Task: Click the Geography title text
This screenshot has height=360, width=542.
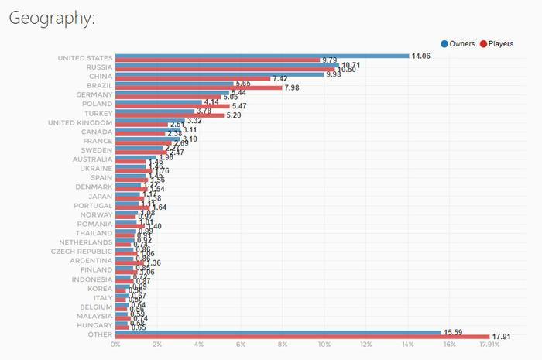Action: pos(51,19)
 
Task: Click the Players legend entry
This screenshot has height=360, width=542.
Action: pos(496,44)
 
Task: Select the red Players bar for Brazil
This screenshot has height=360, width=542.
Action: pos(199,88)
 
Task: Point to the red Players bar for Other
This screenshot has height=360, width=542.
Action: pos(302,337)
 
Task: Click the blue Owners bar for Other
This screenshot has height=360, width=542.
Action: pos(278,332)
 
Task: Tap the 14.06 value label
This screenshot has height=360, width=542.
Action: pos(420,56)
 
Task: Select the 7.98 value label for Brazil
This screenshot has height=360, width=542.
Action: pos(293,88)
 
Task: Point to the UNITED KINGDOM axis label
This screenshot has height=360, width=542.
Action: pos(80,122)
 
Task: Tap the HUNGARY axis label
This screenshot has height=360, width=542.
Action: pos(94,325)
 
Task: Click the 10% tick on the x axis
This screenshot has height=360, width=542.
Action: pos(324,345)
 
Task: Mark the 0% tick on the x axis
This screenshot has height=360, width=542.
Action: pos(116,345)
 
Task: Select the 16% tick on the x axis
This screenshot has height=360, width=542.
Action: pos(449,345)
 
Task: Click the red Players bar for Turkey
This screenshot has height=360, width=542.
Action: pos(170,115)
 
